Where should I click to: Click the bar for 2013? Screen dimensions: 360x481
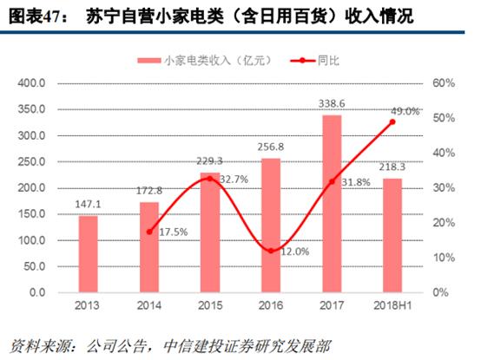click(88, 253)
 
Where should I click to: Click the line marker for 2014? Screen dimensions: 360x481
click(149, 232)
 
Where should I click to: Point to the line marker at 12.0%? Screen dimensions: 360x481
click(271, 251)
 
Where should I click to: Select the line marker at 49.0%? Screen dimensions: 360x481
click(392, 121)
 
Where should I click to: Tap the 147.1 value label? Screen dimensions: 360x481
click(88, 204)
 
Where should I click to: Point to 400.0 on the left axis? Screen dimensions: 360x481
click(30, 83)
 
